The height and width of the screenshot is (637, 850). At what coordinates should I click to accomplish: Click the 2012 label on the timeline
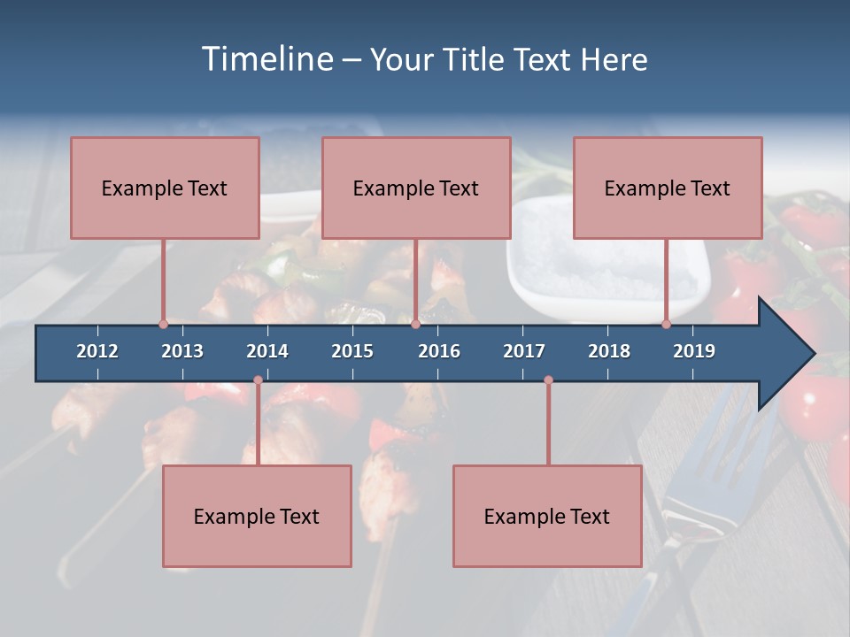pyautogui.click(x=97, y=351)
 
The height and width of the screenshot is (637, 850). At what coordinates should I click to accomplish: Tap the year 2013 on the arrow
pyautogui.click(x=182, y=351)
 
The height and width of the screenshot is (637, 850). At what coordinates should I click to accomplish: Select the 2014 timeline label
pyautogui.click(x=267, y=351)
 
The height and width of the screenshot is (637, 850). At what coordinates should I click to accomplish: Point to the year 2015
pyautogui.click(x=352, y=351)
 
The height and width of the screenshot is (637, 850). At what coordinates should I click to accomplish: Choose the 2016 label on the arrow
pyautogui.click(x=439, y=351)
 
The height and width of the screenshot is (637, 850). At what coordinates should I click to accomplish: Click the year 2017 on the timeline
pyautogui.click(x=524, y=351)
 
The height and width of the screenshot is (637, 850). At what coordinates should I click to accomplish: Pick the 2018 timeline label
pyautogui.click(x=609, y=351)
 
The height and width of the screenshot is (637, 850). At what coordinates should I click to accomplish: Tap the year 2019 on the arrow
pyautogui.click(x=694, y=351)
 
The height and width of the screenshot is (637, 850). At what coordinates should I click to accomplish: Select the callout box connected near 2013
pyautogui.click(x=165, y=188)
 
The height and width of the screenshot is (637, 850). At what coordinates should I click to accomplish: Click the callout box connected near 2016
pyautogui.click(x=416, y=188)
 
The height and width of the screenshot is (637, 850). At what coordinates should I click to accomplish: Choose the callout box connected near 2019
pyautogui.click(x=668, y=188)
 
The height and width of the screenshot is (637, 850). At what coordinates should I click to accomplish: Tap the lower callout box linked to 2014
pyautogui.click(x=257, y=516)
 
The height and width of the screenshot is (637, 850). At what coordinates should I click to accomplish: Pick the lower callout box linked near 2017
pyautogui.click(x=547, y=516)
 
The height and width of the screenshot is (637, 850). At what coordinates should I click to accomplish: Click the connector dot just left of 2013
pyautogui.click(x=163, y=324)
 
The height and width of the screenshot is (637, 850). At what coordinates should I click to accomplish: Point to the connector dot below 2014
pyautogui.click(x=258, y=380)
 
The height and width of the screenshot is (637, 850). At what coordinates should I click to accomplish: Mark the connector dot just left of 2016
pyautogui.click(x=415, y=324)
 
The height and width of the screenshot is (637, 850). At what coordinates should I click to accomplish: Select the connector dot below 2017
pyautogui.click(x=548, y=380)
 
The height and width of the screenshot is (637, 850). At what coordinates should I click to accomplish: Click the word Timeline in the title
pyautogui.click(x=267, y=59)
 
